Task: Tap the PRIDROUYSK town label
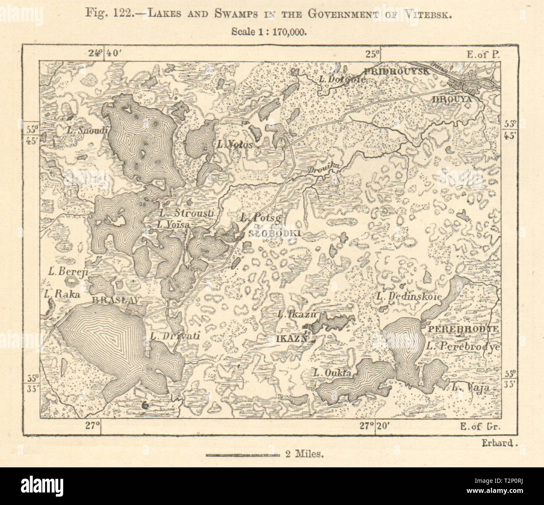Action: point(396,71)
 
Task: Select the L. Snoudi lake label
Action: point(87,130)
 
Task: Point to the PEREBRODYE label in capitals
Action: point(462,329)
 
